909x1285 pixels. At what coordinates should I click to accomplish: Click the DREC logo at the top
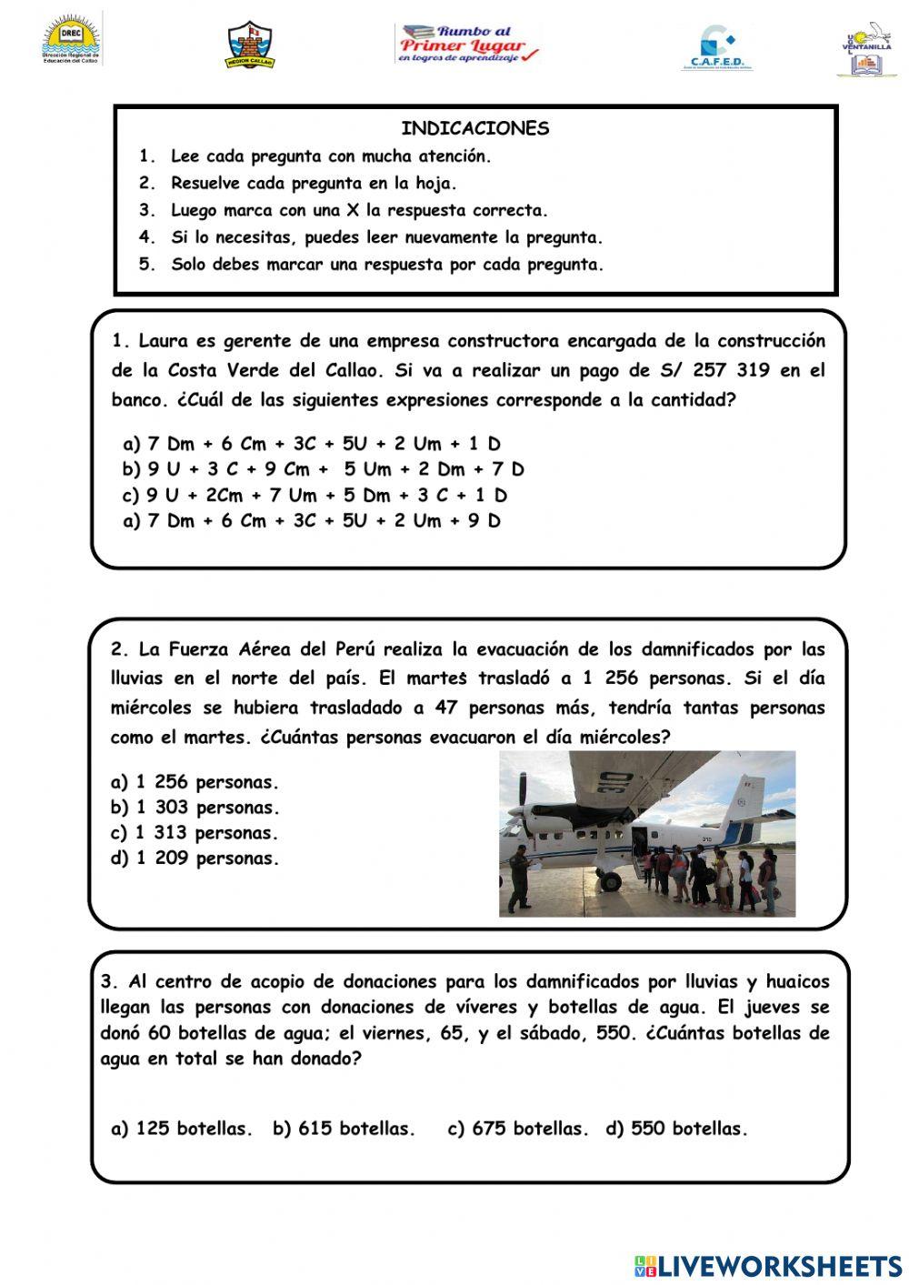point(72,41)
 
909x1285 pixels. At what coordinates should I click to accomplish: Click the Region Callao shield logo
point(250,45)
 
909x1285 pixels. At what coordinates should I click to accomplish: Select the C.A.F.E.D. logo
point(716,48)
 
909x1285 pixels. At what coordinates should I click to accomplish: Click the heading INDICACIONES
point(475,128)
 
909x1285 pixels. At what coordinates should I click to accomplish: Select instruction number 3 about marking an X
point(359,210)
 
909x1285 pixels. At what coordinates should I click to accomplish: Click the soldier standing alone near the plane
point(519,878)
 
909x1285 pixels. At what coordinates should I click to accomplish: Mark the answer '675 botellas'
point(518,1129)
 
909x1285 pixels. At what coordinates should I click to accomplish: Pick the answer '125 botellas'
point(182,1129)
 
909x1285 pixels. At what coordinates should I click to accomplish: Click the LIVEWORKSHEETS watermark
point(768,1265)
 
